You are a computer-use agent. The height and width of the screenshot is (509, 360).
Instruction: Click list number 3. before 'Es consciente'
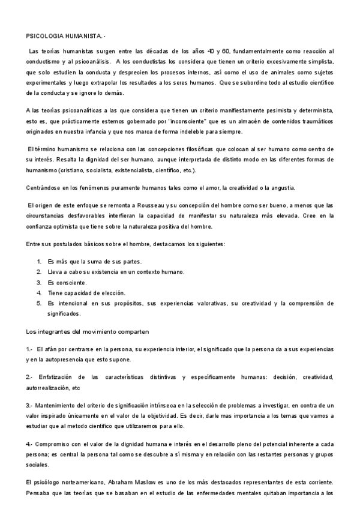click(x=39, y=282)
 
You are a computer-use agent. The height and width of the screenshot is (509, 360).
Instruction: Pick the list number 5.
click(x=39, y=303)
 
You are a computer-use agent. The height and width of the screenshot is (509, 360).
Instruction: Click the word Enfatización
click(x=57, y=377)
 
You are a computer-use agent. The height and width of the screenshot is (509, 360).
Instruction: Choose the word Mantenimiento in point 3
click(x=62, y=406)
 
